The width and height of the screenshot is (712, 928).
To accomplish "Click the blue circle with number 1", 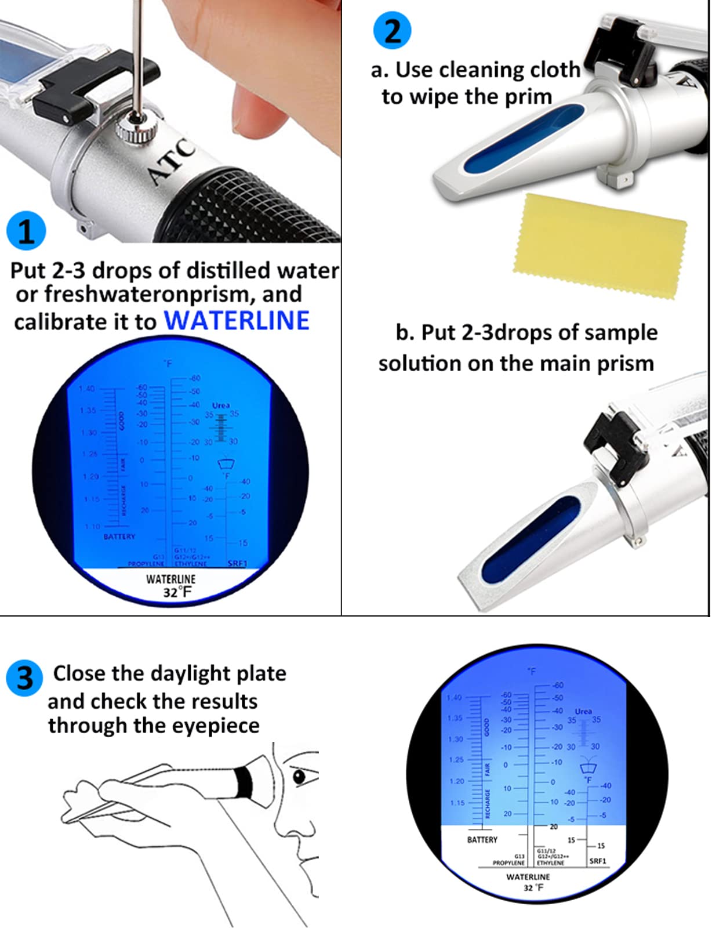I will click(x=26, y=231).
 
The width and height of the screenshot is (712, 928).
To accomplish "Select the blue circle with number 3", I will click(x=24, y=677).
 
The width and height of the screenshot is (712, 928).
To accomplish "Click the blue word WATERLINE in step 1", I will click(x=237, y=321).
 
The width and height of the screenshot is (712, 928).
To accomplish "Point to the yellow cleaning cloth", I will click(x=600, y=246).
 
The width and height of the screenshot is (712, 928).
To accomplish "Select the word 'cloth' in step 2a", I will click(x=551, y=70).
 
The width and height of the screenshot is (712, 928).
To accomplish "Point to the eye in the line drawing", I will click(x=300, y=776).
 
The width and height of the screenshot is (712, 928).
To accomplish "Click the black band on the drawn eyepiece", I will click(x=244, y=781).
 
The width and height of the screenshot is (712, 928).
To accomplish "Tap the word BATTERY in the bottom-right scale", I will click(x=482, y=839).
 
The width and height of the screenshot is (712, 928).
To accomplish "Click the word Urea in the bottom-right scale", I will click(x=583, y=711).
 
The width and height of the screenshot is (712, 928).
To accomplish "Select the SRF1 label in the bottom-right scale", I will click(x=597, y=861).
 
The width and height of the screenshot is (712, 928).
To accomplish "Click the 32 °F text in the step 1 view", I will click(x=177, y=592).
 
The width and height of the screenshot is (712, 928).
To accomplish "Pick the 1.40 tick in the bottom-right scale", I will click(x=455, y=698).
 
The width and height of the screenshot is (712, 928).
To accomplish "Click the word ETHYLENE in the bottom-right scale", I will click(x=550, y=863).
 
